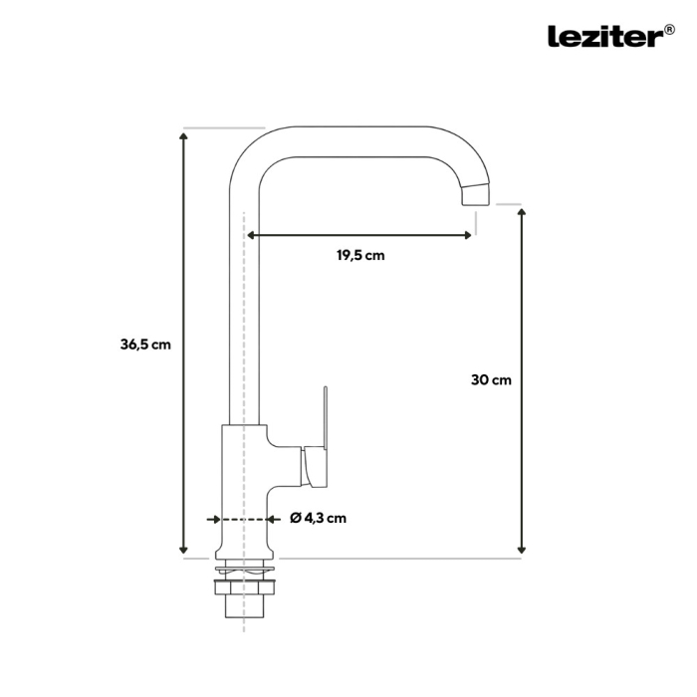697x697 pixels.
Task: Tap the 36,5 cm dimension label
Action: [145, 345]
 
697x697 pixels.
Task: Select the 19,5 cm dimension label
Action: [359, 255]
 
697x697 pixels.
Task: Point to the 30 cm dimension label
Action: [491, 379]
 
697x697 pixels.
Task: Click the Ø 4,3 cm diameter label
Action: [319, 518]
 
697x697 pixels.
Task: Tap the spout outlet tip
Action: [478, 195]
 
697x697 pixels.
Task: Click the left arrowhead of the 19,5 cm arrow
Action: [251, 236]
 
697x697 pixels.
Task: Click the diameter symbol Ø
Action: [296, 518]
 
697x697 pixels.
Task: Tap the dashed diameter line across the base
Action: [244, 519]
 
